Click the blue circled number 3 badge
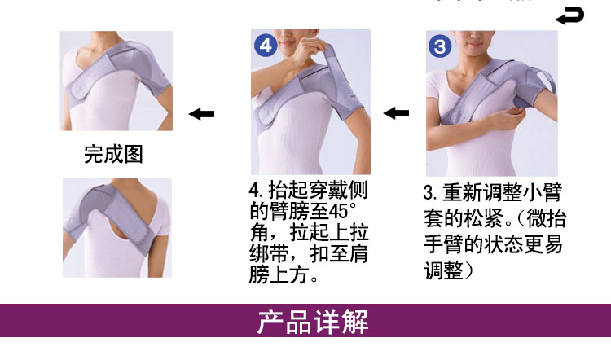click(440, 46)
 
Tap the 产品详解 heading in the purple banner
click(314, 322)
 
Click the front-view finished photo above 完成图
click(116, 81)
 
